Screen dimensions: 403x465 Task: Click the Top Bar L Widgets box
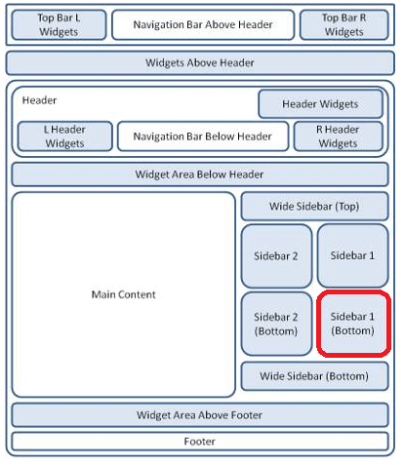59,24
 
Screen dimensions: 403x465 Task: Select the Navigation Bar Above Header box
203,24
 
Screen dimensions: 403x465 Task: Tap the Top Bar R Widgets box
344,24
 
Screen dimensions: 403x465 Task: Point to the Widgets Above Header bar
200,62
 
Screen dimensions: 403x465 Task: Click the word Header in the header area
39,100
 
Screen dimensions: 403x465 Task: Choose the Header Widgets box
320,104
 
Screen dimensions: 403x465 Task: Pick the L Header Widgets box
65,136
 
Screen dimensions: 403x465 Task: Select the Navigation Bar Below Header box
203,136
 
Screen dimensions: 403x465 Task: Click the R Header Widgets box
338,136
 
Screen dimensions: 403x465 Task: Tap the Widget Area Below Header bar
200,174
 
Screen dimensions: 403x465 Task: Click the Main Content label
124,294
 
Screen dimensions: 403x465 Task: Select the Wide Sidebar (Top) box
314,207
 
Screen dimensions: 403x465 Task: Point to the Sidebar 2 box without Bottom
276,256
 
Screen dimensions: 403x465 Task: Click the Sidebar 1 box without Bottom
352,255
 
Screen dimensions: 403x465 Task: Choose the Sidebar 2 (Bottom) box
276,324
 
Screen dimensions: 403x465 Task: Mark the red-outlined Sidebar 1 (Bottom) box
353,324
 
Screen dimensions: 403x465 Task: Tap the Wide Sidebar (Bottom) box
314,376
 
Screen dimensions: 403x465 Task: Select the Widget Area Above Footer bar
200,415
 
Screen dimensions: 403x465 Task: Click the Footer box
200,442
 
